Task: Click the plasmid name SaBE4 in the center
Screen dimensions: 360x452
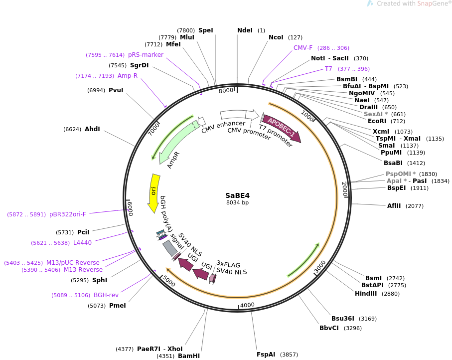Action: pyautogui.click(x=237, y=195)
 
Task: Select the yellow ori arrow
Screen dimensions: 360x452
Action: pyautogui.click(x=154, y=192)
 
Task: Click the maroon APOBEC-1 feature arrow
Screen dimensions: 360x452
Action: pyautogui.click(x=282, y=128)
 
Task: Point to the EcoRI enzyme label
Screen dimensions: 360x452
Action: pyautogui.click(x=376, y=121)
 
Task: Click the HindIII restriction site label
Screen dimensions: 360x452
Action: pyautogui.click(x=365, y=294)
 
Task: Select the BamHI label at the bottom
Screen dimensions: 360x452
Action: pyautogui.click(x=189, y=356)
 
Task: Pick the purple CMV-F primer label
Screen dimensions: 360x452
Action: pyautogui.click(x=302, y=48)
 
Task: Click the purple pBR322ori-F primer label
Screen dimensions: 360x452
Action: pyautogui.click(x=68, y=214)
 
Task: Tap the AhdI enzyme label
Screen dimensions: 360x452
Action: pyautogui.click(x=92, y=129)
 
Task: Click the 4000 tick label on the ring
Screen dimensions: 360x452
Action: pyautogui.click(x=247, y=305)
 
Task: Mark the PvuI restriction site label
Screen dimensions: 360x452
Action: pyautogui.click(x=116, y=90)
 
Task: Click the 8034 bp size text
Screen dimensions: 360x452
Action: pyautogui.click(x=237, y=202)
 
